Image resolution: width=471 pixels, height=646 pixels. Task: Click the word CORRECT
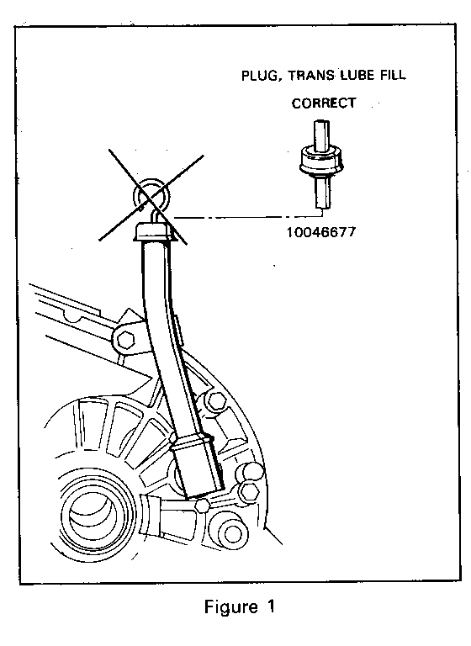[324, 103]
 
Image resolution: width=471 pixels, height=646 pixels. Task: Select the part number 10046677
[320, 232]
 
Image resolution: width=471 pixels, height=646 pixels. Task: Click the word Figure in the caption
[231, 607]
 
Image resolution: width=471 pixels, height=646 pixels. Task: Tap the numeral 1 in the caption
[270, 606]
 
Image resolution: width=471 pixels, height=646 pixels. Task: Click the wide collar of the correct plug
[321, 161]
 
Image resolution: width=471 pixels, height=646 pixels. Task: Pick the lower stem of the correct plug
[323, 192]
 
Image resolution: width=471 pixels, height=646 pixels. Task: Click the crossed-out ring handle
[150, 194]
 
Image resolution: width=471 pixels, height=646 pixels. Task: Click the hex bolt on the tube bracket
[125, 341]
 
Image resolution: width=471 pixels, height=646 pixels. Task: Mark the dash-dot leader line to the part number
[248, 215]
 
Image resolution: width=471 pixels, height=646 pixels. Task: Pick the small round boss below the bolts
[231, 534]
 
